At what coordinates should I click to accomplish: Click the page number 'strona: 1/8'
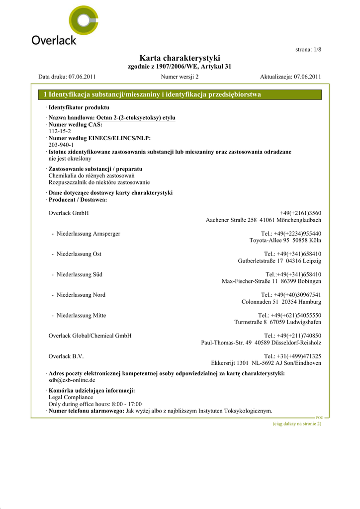tap(308, 49)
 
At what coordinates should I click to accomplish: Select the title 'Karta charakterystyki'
tap(180, 58)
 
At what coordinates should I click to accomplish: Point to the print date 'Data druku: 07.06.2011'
tap(67, 77)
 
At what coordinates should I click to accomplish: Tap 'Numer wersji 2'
tap(180, 77)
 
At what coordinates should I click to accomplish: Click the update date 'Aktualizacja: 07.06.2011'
tap(290, 77)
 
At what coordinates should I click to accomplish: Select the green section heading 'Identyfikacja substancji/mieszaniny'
tap(152, 94)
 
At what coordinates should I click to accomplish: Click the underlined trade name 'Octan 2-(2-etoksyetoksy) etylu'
tap(136, 118)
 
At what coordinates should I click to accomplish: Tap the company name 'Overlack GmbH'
tap(69, 213)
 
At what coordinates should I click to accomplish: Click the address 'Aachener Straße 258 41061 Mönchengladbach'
tap(264, 220)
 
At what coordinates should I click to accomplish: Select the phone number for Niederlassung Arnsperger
tap(291, 234)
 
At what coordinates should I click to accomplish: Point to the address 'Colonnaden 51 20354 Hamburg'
tap(281, 302)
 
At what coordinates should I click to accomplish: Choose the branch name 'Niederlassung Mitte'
tap(81, 315)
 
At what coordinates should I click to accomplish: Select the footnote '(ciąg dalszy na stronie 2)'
tap(297, 424)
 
